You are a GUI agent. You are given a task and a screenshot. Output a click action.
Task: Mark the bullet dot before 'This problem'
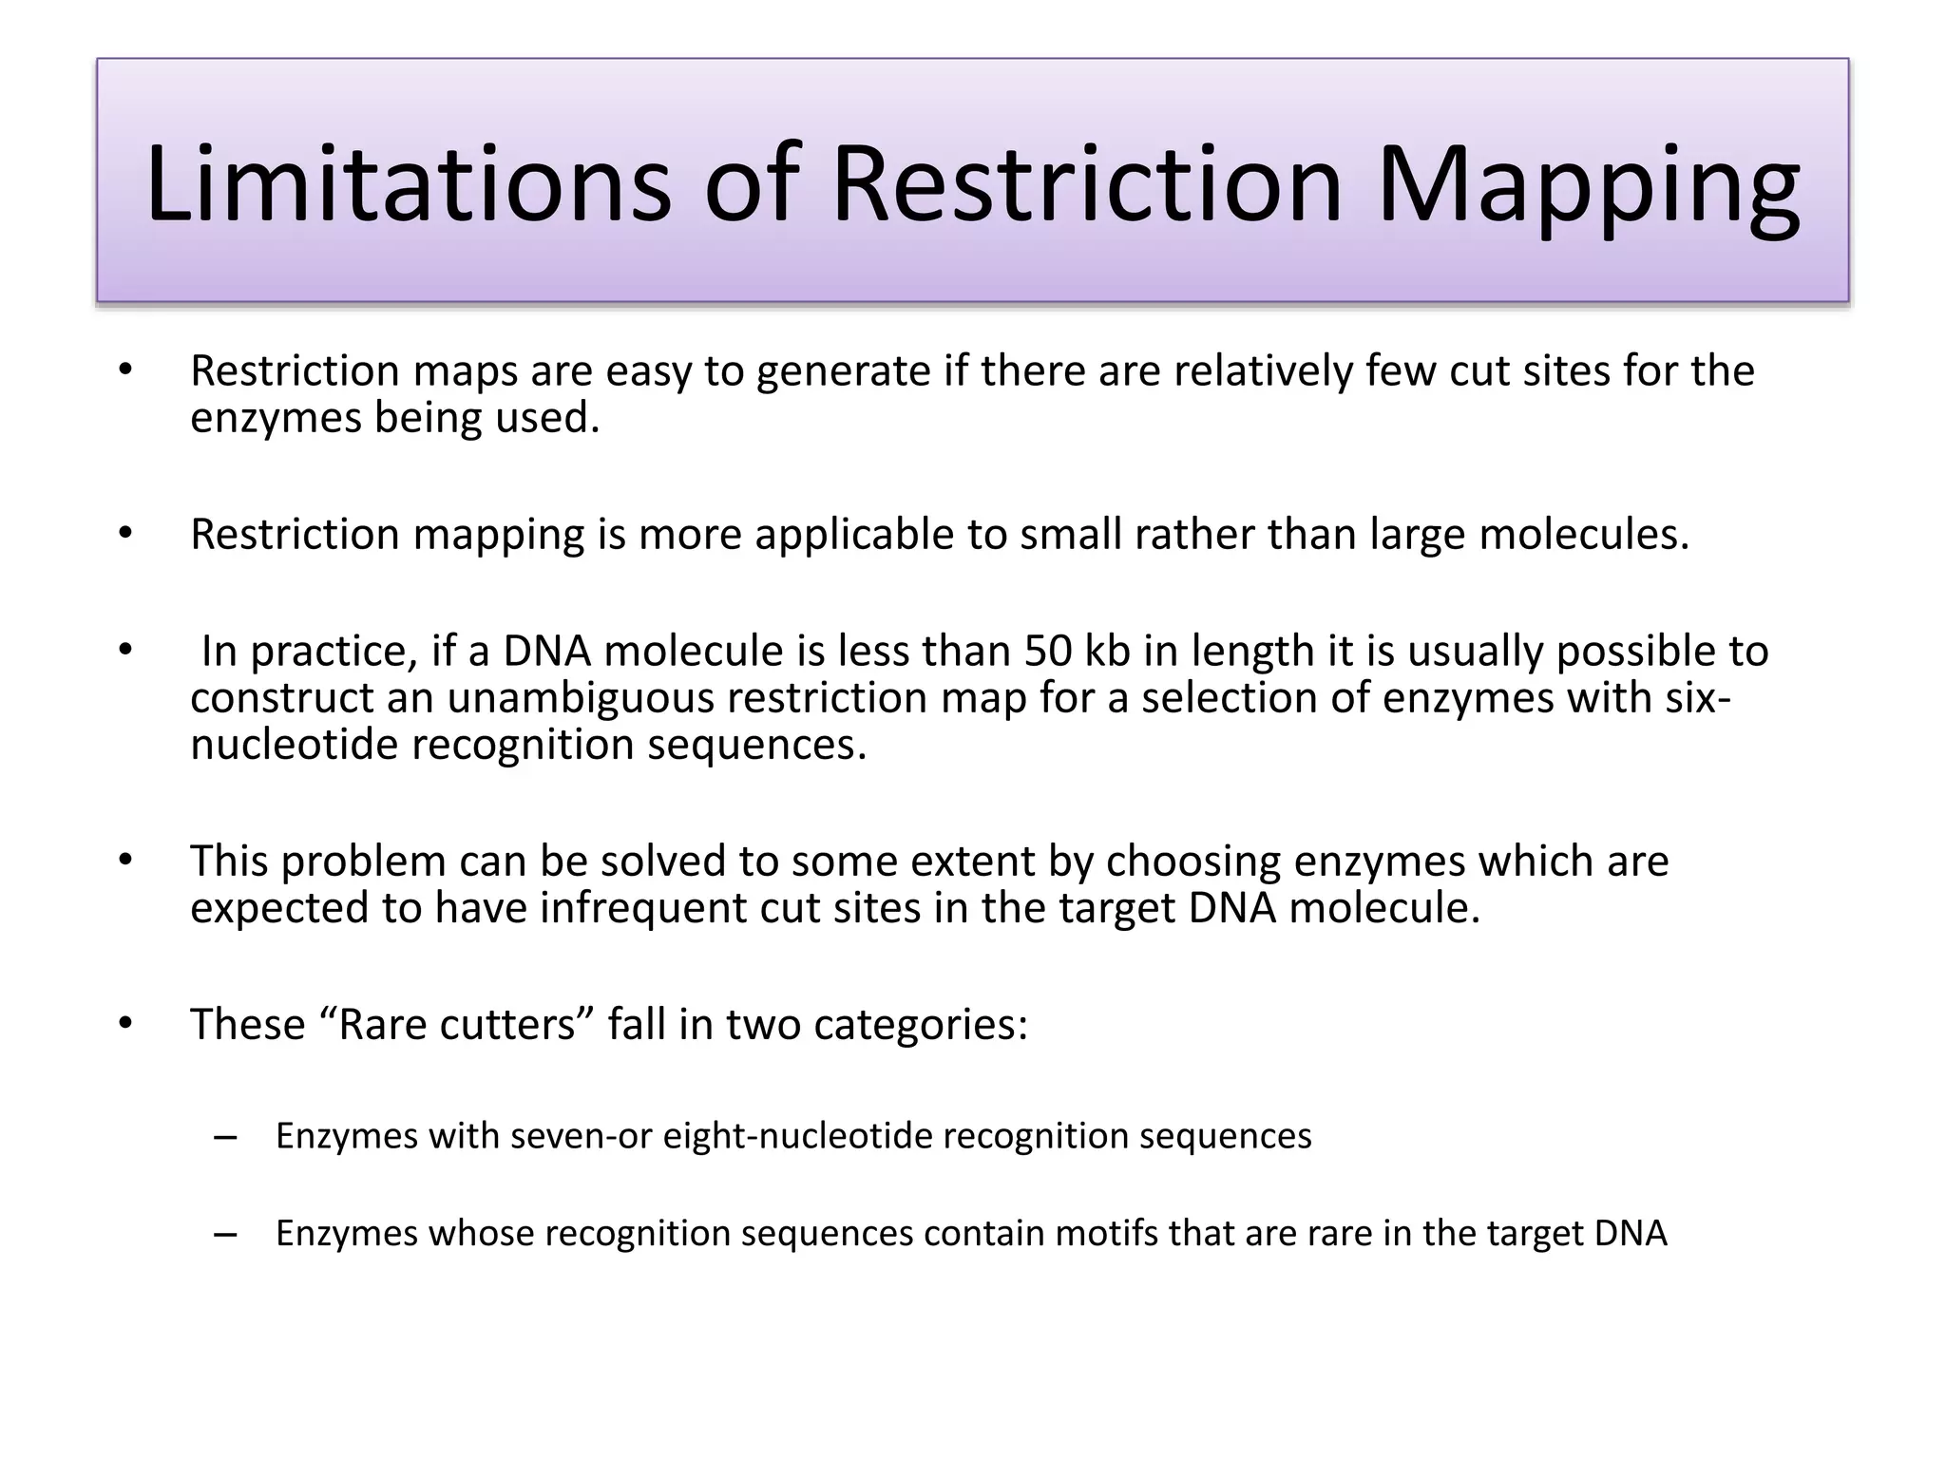click(125, 862)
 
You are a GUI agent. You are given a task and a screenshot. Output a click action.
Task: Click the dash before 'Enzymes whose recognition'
click(225, 1234)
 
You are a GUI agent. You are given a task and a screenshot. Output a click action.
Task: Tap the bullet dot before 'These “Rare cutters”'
click(125, 1025)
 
